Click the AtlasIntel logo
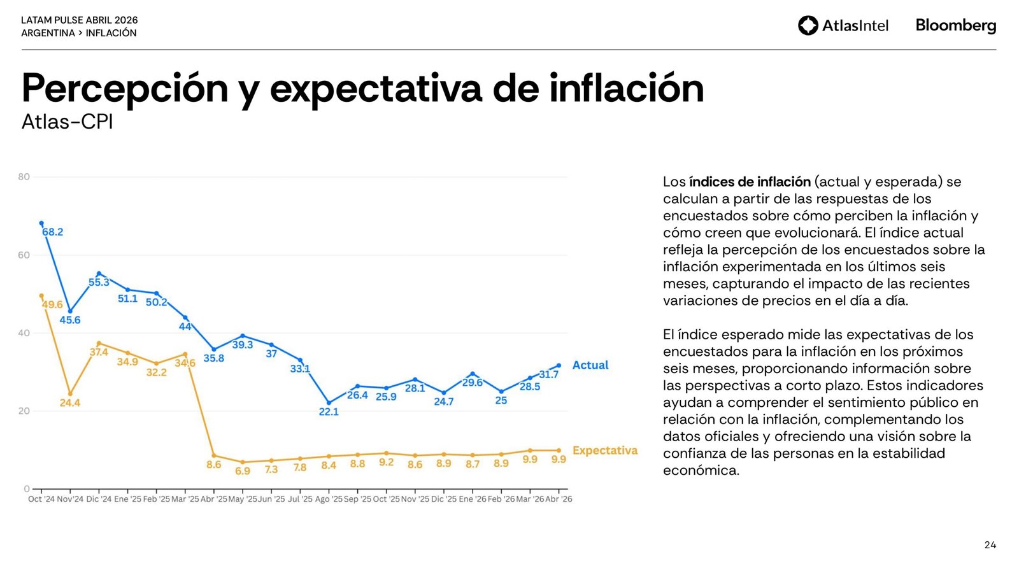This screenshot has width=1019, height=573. click(x=843, y=25)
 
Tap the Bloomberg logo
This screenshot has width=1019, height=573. click(x=955, y=25)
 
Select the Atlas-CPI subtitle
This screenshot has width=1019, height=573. click(x=68, y=122)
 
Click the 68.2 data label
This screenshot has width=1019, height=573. click(x=53, y=232)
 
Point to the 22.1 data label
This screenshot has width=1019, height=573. click(x=329, y=412)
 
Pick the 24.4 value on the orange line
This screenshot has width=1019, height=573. click(x=70, y=403)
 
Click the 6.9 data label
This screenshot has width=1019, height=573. click(x=243, y=471)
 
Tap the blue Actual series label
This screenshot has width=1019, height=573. click(x=590, y=365)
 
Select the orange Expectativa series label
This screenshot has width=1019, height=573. click(x=604, y=451)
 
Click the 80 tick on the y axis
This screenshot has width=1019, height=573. click(x=24, y=177)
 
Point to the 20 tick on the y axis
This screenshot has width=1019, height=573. click(x=24, y=411)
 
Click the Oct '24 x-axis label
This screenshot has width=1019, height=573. click(x=41, y=499)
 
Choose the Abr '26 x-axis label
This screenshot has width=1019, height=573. click(x=559, y=499)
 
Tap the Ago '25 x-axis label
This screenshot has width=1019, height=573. click(x=329, y=499)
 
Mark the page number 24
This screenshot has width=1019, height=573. click(x=990, y=545)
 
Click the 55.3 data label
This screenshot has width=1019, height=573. click(x=99, y=283)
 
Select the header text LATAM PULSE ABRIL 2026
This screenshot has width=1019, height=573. click(x=80, y=20)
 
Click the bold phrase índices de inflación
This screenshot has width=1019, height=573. click(x=750, y=182)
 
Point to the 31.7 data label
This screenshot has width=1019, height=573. click(x=548, y=374)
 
